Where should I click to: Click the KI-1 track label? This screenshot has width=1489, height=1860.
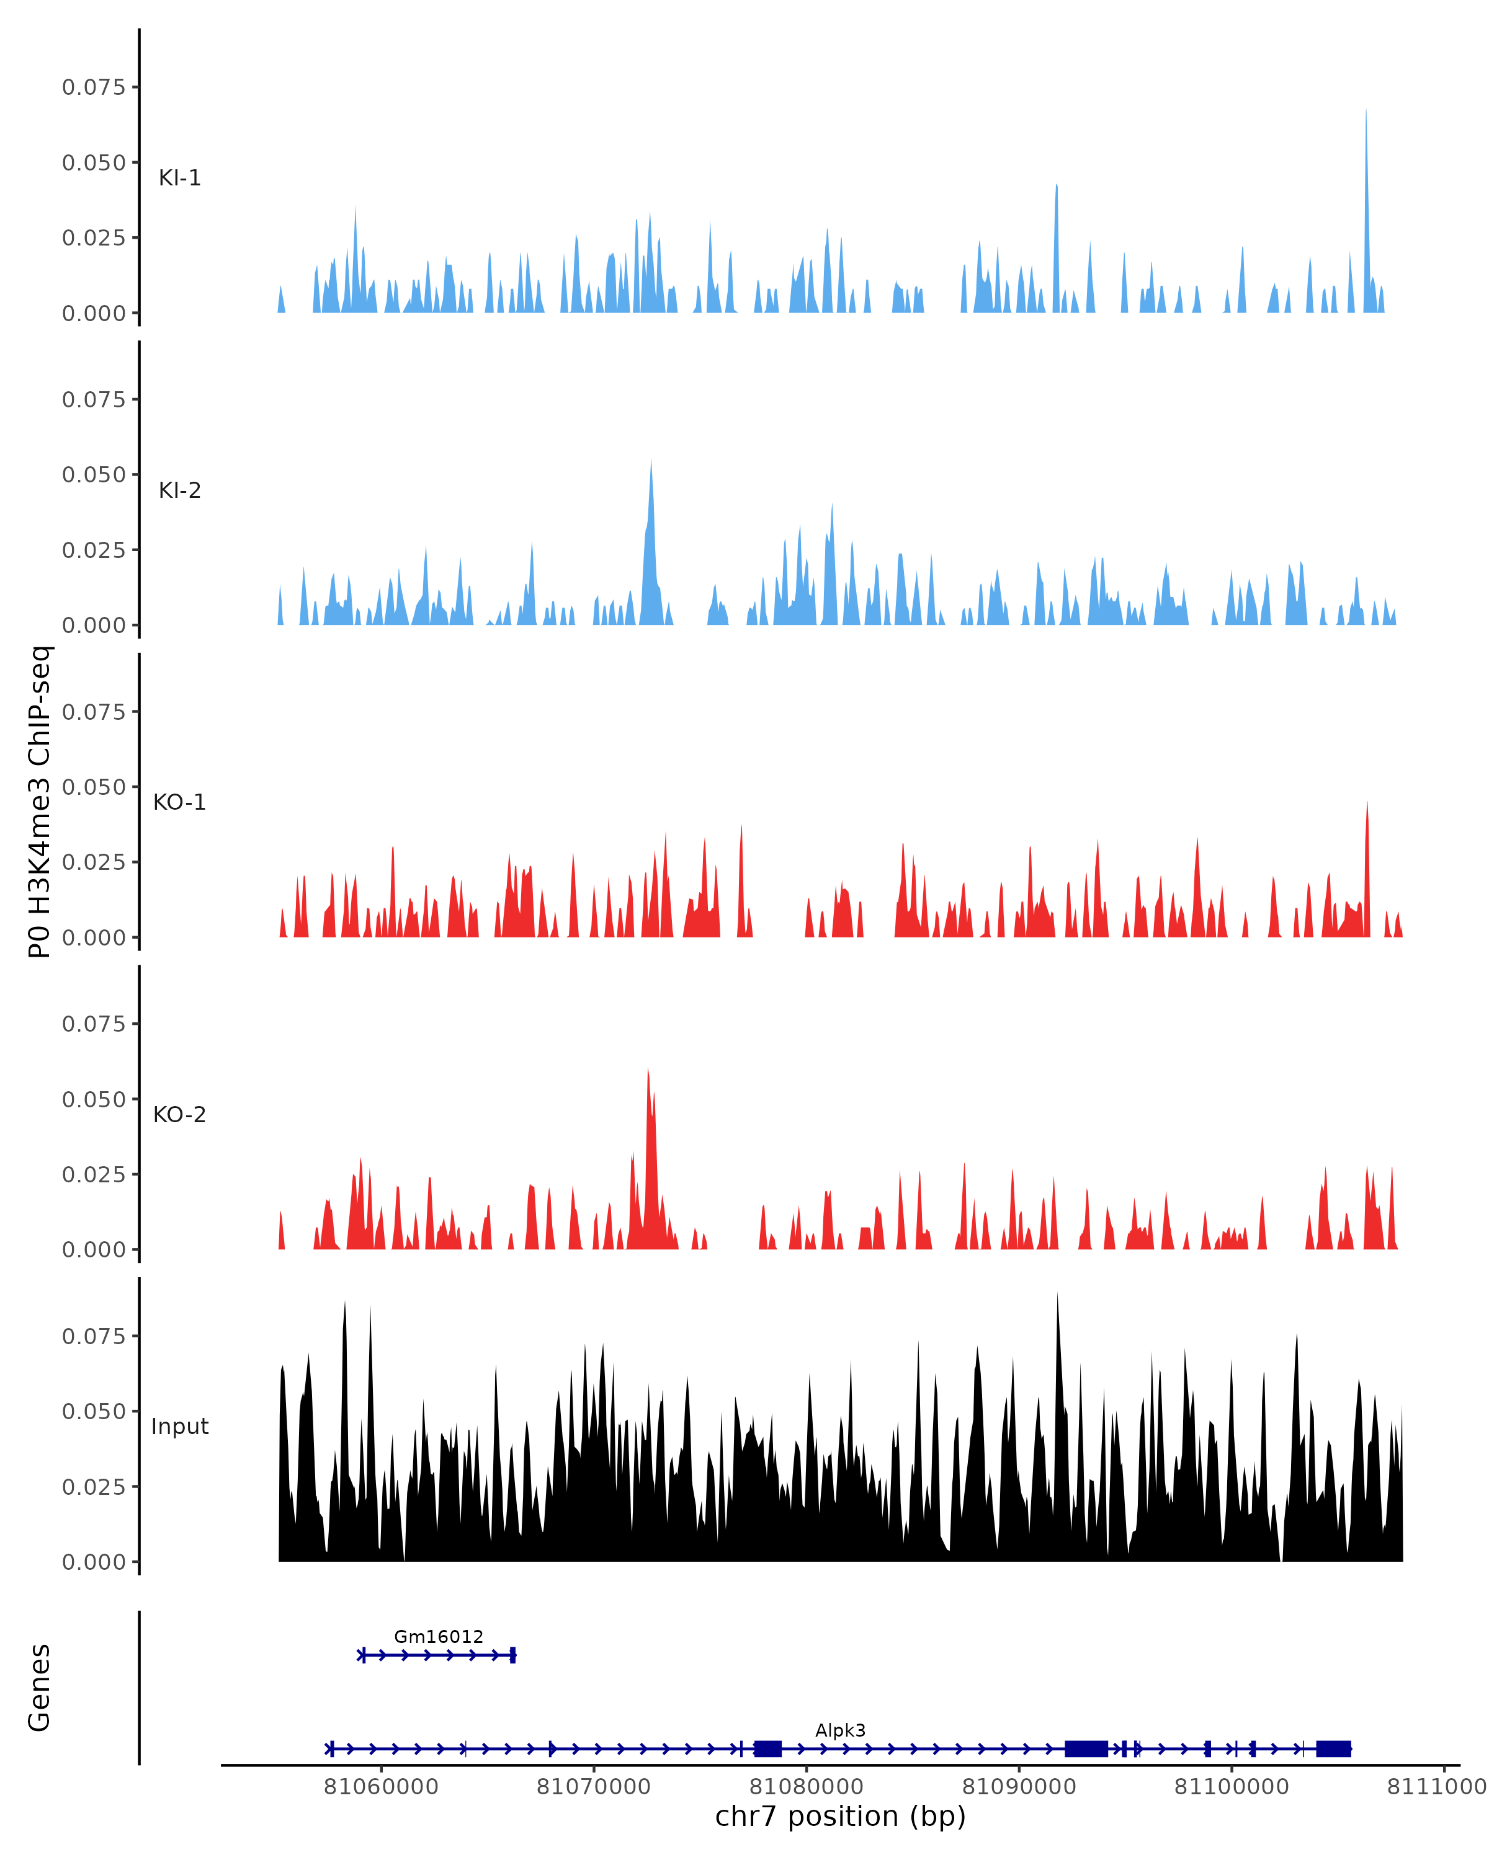(179, 178)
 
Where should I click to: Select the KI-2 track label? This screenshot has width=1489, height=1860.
(179, 490)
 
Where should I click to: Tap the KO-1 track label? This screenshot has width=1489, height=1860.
(179, 802)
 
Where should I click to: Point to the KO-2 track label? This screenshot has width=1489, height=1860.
(179, 1115)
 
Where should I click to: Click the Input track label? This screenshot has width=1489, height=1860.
(179, 1427)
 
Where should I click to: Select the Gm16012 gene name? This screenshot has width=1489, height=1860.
(439, 1637)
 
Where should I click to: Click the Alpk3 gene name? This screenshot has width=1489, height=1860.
(840, 1730)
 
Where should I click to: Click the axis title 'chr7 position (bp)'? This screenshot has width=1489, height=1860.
(840, 1817)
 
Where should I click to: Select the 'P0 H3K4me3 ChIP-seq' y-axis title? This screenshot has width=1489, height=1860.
(40, 802)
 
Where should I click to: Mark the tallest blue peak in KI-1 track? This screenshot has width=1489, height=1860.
(1366, 112)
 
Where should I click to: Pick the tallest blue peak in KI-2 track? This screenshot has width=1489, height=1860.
(651, 461)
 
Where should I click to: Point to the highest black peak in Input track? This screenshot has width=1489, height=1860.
(1057, 1294)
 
